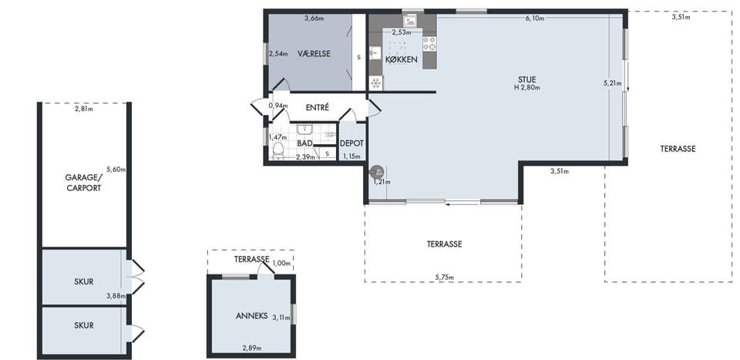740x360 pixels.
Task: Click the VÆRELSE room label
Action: tap(314, 54)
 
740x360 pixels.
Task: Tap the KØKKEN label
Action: tap(401, 59)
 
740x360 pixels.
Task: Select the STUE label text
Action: tap(526, 79)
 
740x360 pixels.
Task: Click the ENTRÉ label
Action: tap(317, 108)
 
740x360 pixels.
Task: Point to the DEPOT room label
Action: tap(351, 143)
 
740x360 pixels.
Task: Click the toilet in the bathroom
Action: tap(278, 151)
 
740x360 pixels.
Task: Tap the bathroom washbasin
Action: tap(306, 130)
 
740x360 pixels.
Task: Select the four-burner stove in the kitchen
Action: tap(429, 43)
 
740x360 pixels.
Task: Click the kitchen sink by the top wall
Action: tap(410, 20)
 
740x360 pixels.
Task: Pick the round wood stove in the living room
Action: tap(377, 172)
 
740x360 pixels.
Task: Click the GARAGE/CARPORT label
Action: tap(83, 183)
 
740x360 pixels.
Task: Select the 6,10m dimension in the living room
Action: tap(535, 19)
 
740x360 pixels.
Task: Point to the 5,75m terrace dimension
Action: tap(444, 278)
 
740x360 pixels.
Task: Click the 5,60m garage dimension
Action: tap(116, 170)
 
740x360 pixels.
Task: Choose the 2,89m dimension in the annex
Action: tap(252, 348)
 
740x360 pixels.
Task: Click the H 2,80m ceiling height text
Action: tap(527, 87)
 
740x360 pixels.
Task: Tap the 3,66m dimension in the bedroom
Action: tap(314, 19)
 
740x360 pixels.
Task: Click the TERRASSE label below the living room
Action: tap(444, 244)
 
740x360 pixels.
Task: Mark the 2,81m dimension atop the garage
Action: tap(83, 110)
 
